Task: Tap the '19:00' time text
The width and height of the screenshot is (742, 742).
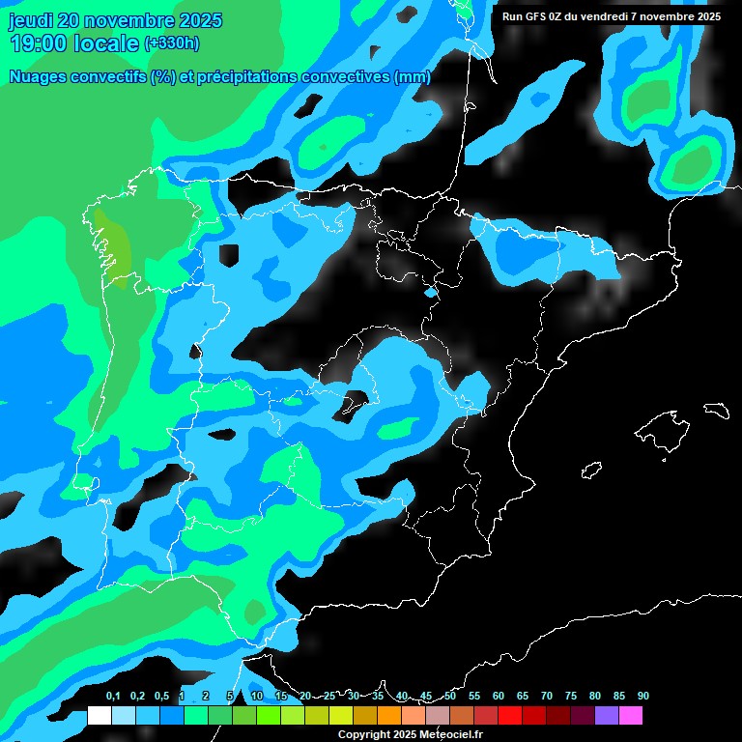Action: [39, 43]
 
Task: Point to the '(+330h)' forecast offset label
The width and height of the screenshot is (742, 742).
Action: [171, 43]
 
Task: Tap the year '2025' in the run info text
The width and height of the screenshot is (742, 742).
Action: [702, 16]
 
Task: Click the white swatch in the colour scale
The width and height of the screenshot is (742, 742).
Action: [99, 716]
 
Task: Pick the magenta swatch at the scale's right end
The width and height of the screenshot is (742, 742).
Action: [630, 716]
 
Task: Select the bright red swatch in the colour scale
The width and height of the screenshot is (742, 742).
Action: [509, 716]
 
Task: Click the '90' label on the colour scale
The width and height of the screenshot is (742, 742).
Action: [642, 696]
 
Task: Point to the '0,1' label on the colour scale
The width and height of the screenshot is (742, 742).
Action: [113, 696]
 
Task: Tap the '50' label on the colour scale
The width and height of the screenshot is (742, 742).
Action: [450, 696]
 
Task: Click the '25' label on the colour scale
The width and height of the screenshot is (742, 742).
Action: [329, 696]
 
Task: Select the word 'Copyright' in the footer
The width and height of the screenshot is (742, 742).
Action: [364, 735]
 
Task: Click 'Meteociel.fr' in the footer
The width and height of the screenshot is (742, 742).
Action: [451, 735]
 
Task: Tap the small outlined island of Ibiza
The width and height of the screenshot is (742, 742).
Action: [591, 471]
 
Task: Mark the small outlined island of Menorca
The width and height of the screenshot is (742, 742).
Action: [716, 410]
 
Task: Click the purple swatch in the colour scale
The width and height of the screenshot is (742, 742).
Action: [606, 716]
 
